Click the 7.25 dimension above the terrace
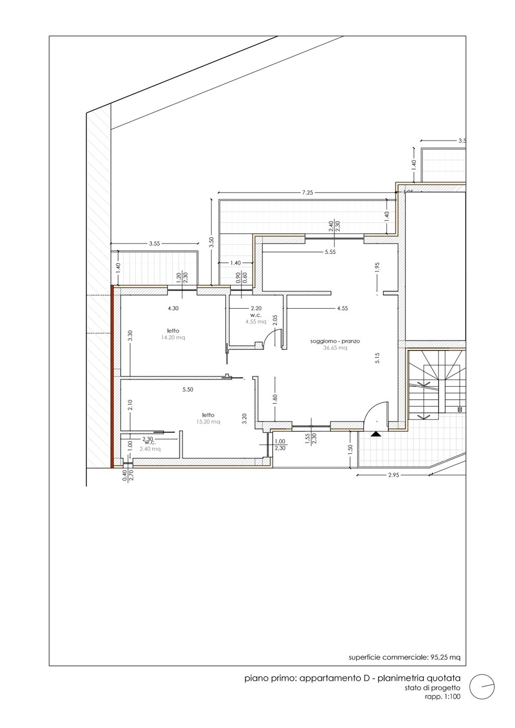point(307,193)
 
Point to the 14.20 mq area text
point(173,337)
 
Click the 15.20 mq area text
point(208,422)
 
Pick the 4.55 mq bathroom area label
point(256,322)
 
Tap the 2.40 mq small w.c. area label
point(150,449)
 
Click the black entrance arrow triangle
point(376,433)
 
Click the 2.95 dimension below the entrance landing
point(393,475)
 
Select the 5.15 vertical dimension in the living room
point(377,357)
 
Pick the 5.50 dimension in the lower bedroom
point(188,389)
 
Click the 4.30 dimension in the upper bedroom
point(173,308)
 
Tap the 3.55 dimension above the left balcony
point(154,243)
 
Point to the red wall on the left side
point(112,377)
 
